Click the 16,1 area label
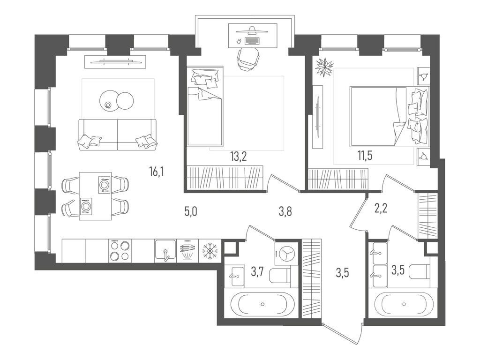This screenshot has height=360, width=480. click(157, 172)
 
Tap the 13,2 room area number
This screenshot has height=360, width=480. click(239, 157)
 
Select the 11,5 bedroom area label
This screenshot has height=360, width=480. click(365, 156)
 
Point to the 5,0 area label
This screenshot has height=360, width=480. click(190, 211)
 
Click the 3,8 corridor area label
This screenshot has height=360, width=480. click(285, 211)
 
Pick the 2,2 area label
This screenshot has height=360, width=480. click(381, 208)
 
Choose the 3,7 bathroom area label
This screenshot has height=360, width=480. click(257, 271)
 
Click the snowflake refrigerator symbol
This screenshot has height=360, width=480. click(210, 251)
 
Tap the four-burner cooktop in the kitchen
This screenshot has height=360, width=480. click(120, 251)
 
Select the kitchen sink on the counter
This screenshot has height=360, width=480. click(165, 251)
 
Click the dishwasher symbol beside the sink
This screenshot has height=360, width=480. click(187, 251)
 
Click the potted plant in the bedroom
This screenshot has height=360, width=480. click(324, 67)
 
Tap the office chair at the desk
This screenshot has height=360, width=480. click(247, 58)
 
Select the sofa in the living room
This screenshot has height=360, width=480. click(118, 135)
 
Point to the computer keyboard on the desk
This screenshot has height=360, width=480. click(252, 41)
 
